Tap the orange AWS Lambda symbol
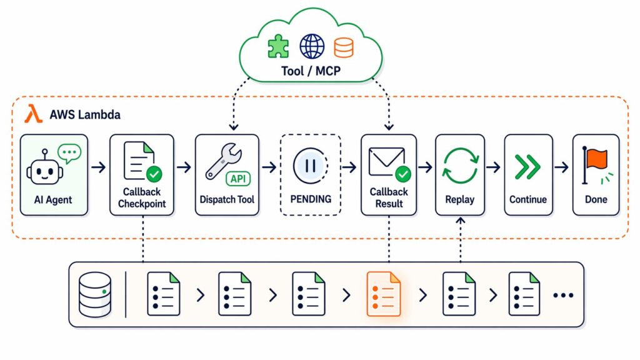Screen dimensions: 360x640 point(32,114)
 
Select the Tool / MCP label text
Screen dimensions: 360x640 point(311,71)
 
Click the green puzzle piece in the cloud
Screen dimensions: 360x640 point(278,46)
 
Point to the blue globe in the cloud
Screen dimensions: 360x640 point(311,46)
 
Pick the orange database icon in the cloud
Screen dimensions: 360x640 point(343,47)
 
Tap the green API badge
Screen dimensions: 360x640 point(238,179)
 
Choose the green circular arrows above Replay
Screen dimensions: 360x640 point(460,166)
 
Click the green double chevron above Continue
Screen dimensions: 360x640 point(528,167)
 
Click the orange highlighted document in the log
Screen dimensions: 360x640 point(383,293)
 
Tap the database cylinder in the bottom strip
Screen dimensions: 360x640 point(96,293)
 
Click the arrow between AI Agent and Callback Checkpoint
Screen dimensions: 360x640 point(98,167)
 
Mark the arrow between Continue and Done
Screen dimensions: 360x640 point(562,167)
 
